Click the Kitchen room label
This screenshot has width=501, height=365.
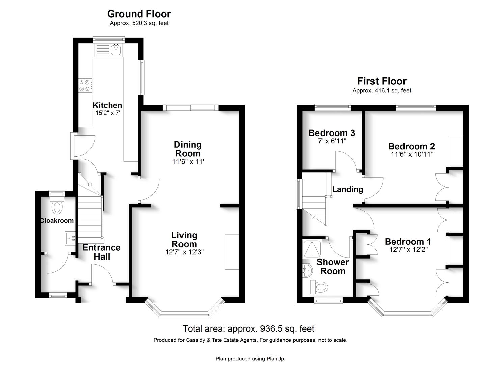pos(107,105)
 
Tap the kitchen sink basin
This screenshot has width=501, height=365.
pos(116,50)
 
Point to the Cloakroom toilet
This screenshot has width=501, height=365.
pos(57,205)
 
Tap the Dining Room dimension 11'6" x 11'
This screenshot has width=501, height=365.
pos(188,161)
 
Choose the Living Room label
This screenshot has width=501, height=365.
pos(184,240)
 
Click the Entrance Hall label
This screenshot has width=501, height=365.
pos(102,252)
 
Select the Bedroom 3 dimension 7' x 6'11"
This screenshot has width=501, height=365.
pos(332,141)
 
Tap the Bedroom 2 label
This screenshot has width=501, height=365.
pos(412,146)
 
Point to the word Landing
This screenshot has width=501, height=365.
pos(347,189)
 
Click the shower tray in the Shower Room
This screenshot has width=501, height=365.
pos(312,249)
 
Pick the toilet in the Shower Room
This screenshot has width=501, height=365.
pos(319,287)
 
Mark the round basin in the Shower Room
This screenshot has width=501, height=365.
pos(307,271)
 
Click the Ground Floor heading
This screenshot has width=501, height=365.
pos(139,14)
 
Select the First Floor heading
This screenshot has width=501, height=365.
pos(382,81)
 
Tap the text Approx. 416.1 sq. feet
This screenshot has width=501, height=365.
pos(382,91)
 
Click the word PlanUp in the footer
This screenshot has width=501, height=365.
pos(276,359)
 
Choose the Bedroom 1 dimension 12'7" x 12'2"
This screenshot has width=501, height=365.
pos(409,250)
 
